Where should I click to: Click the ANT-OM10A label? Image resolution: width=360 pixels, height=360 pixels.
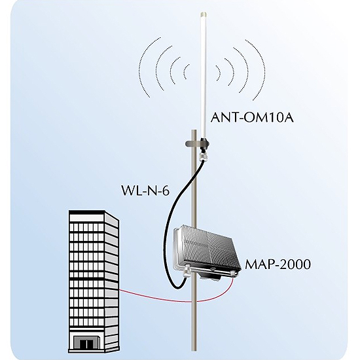click(x=252, y=117)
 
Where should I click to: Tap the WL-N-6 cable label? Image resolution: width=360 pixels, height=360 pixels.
click(x=145, y=190)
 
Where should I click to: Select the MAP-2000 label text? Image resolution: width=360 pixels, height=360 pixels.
click(x=278, y=264)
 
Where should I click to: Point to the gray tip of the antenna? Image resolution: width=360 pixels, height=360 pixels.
click(x=204, y=14)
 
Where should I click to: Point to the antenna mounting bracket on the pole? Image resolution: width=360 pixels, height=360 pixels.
click(x=196, y=144)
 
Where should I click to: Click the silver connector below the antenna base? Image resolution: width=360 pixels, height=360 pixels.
click(x=204, y=156)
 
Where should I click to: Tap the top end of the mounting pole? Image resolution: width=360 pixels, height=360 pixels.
click(x=194, y=130)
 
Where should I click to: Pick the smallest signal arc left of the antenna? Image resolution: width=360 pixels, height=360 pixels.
click(x=185, y=71)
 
